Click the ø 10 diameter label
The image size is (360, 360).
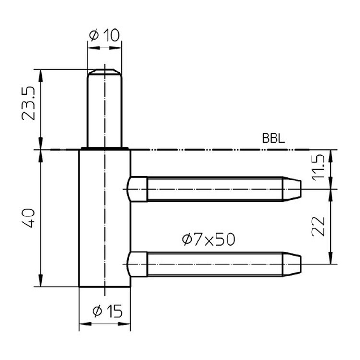105,36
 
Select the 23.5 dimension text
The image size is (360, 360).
28,103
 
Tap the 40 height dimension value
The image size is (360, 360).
28,218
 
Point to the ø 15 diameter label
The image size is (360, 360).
108,311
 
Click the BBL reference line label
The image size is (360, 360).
273,138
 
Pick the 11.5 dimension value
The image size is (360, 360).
318,168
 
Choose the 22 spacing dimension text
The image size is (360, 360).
318,227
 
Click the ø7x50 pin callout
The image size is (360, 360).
209,239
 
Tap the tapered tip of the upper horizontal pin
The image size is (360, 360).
292,189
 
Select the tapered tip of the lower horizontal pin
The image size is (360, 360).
292,264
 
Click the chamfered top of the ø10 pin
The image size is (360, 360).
105,72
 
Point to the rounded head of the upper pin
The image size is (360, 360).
137,189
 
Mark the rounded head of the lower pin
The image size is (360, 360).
137,264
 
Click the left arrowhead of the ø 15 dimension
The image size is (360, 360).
85,324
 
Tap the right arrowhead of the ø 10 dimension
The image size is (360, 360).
116,48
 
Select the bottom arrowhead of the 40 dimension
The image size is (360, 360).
41,280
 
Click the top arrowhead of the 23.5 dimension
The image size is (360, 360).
41,75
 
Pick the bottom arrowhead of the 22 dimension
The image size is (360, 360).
330,258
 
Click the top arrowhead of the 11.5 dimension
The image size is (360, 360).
330,156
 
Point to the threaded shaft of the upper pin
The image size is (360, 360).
215,189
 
